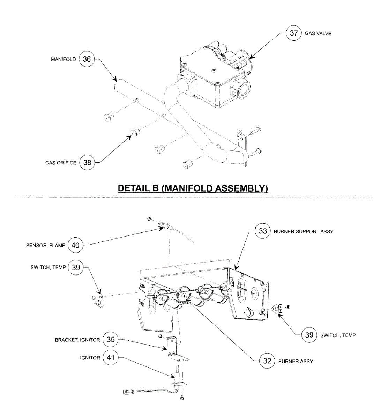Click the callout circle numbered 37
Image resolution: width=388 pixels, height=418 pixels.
(293, 33)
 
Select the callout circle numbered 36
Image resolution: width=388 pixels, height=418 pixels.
(87, 59)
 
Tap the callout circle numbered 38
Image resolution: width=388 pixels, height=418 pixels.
(87, 162)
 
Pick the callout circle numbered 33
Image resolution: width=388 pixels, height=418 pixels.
(263, 231)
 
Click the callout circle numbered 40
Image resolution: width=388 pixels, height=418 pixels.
(75, 245)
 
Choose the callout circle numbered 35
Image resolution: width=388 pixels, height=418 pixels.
(111, 340)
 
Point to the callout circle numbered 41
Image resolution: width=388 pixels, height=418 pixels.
(111, 357)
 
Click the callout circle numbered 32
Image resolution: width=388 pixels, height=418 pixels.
(267, 361)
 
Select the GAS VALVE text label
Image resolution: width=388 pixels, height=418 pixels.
(318, 33)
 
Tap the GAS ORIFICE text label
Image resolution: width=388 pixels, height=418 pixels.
(61, 163)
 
